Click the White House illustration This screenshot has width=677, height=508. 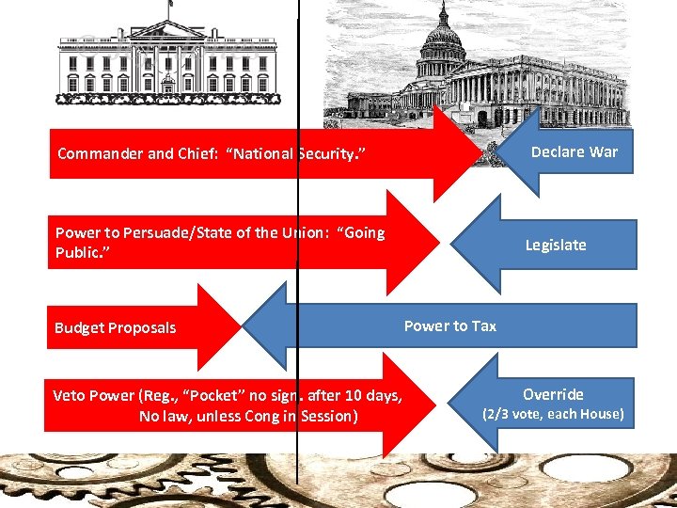167,58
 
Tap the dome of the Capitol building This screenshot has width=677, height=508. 441,42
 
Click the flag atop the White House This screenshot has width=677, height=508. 172,5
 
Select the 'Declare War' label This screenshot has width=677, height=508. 575,151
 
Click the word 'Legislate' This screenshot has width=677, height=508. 556,245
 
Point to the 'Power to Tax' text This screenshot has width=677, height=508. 450,325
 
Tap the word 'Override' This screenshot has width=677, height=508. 553,394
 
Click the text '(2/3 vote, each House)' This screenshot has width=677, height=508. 553,414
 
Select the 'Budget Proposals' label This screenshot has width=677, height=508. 115,327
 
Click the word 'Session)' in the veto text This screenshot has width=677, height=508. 327,415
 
